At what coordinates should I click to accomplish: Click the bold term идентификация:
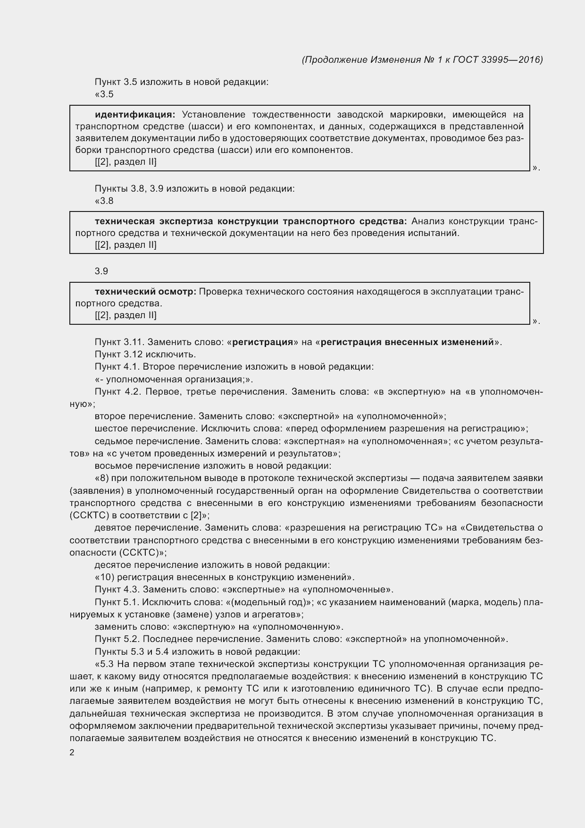pyautogui.click(x=135, y=115)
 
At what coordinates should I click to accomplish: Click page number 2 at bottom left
pyautogui.click(x=72, y=752)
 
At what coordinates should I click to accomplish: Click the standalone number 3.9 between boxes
pyautogui.click(x=101, y=271)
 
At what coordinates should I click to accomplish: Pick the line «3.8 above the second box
pyautogui.click(x=104, y=201)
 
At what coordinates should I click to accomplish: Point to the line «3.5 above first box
pyautogui.click(x=104, y=94)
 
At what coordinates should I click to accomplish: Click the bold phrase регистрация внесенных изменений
pyautogui.click(x=407, y=342)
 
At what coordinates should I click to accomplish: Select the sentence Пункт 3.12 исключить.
pyautogui.click(x=145, y=354)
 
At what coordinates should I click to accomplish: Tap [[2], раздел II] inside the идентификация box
pyautogui.click(x=125, y=162)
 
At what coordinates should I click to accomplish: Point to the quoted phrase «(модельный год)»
pyautogui.click(x=269, y=602)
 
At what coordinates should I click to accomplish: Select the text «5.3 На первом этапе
pyautogui.click(x=142, y=664)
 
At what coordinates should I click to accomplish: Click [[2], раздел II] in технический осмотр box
pyautogui.click(x=125, y=315)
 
